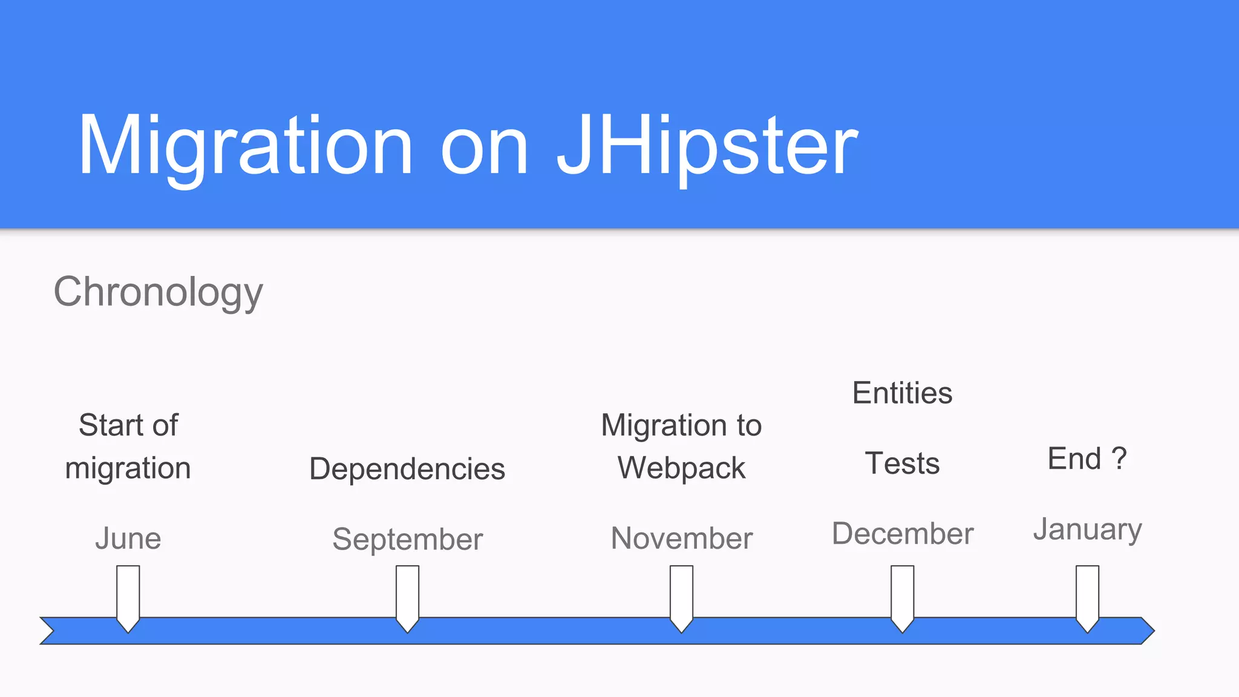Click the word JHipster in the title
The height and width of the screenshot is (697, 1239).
point(707,146)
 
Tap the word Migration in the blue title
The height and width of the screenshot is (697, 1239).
point(245,146)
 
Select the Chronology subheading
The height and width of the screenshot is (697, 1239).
point(159,292)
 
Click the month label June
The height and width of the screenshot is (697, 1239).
point(128,538)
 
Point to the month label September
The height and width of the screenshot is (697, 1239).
point(407,538)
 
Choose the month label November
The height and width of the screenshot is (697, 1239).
point(682,538)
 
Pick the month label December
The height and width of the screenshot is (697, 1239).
point(903,533)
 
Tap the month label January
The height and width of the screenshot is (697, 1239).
point(1087,529)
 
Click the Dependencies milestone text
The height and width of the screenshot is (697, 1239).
point(407,468)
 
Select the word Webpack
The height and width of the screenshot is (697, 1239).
point(682,468)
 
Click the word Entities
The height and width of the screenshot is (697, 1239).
point(902,393)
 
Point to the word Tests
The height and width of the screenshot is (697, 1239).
point(902,463)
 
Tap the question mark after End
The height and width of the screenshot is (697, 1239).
point(1119,458)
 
